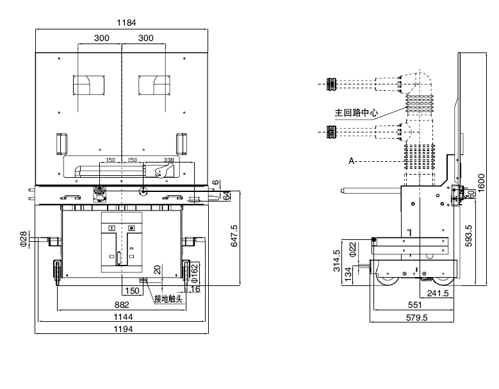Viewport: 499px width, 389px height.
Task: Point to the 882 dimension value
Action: (122, 305)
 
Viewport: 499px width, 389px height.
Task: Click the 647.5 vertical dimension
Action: (234, 235)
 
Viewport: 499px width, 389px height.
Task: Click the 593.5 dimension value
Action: (469, 235)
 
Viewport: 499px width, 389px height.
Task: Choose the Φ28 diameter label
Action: (23, 239)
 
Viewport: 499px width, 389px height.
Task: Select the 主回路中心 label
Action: (356, 113)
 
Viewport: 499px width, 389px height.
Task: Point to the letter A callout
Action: (352, 161)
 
